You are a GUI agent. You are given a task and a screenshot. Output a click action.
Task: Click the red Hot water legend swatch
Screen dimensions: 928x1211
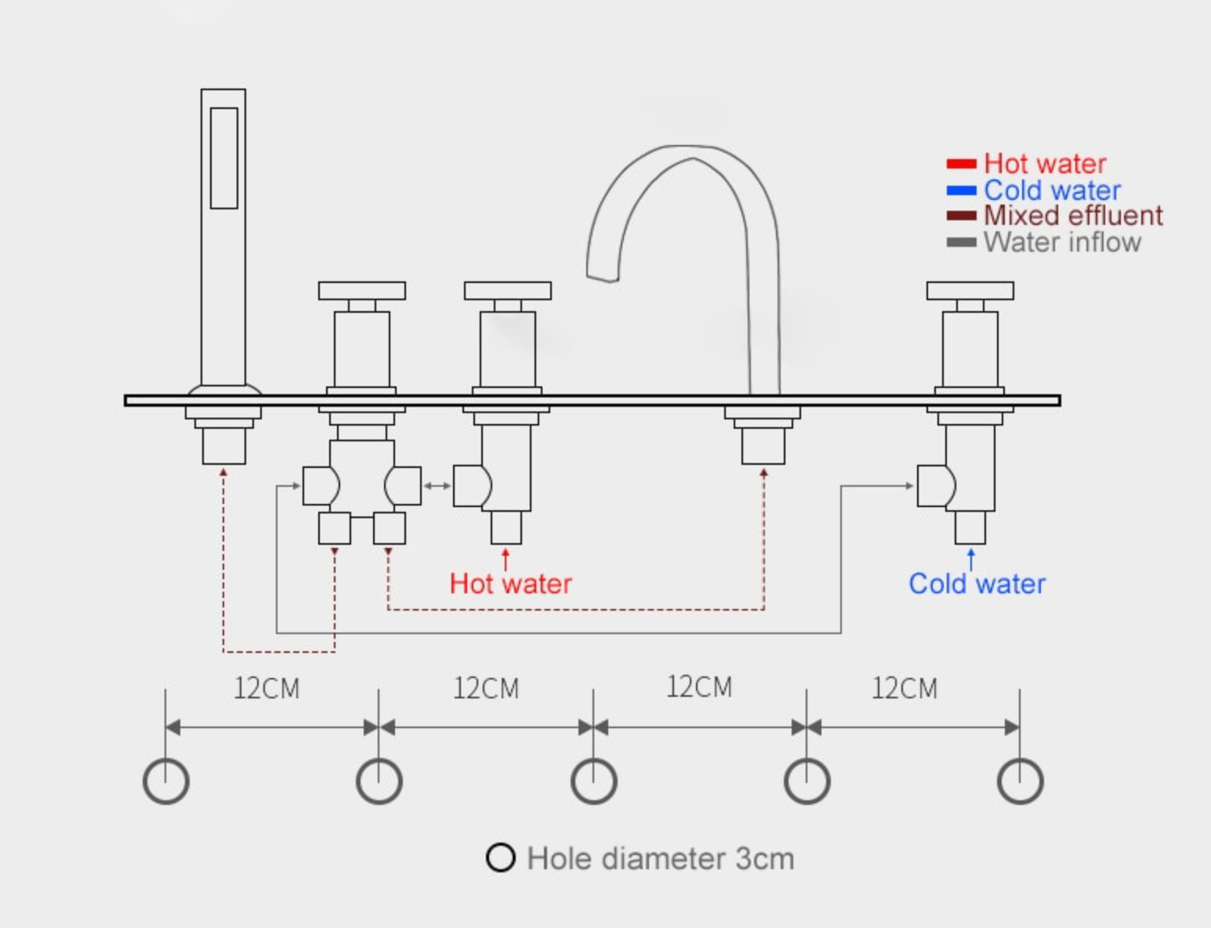pyautogui.click(x=961, y=164)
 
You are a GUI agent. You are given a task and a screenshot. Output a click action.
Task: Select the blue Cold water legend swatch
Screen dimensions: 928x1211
pyautogui.click(x=961, y=190)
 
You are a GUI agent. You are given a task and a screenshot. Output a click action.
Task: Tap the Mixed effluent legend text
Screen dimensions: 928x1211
pyautogui.click(x=1073, y=216)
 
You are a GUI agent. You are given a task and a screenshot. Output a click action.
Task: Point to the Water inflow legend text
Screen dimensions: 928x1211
pyautogui.click(x=1062, y=242)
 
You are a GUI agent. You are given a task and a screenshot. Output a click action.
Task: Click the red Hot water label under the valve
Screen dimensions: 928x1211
pyautogui.click(x=510, y=584)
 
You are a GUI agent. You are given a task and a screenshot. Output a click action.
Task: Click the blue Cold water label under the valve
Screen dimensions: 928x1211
pyautogui.click(x=977, y=584)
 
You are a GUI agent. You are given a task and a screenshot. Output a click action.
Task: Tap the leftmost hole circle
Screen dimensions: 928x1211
pyautogui.click(x=166, y=781)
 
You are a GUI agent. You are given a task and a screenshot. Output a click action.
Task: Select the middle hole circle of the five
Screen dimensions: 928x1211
pyautogui.click(x=593, y=781)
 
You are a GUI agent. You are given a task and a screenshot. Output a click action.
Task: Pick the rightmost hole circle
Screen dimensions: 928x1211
pyautogui.click(x=1020, y=781)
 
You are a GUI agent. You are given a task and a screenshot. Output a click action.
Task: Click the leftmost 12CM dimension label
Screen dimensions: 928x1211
pyautogui.click(x=266, y=688)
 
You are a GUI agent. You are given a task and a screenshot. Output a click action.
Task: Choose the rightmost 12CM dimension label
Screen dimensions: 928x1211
pyautogui.click(x=905, y=688)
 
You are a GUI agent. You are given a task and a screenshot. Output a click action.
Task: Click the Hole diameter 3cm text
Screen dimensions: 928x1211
pyautogui.click(x=660, y=858)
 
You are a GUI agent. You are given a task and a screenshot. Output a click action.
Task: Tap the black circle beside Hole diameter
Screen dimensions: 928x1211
pyautogui.click(x=500, y=857)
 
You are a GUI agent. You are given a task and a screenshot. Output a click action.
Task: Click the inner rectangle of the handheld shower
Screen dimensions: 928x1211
pyautogui.click(x=223, y=158)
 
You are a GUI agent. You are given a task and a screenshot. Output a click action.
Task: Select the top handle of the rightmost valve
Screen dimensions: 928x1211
pyautogui.click(x=970, y=291)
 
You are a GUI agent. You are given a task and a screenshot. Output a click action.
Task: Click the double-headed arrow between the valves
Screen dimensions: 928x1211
pyautogui.click(x=437, y=486)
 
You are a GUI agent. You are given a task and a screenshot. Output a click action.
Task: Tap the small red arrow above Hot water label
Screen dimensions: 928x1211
pyautogui.click(x=506, y=559)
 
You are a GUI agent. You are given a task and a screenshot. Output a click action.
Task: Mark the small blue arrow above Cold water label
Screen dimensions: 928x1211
pyautogui.click(x=971, y=559)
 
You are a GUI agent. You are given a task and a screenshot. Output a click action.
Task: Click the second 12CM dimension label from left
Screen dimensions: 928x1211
pyautogui.click(x=486, y=688)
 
